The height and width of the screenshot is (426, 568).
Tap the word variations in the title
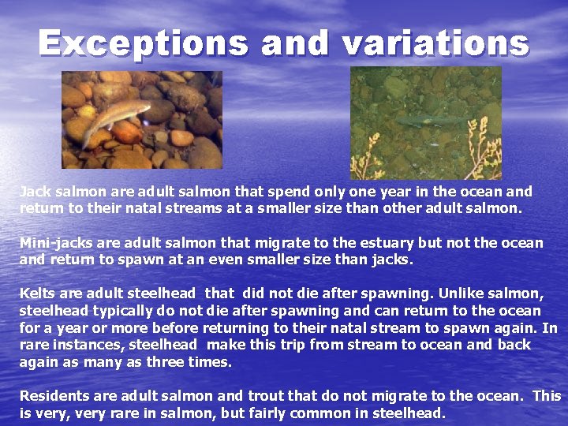[435, 43]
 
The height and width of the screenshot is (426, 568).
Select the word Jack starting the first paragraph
[34, 192]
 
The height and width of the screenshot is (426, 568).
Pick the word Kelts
[36, 294]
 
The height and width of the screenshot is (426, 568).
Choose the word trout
[269, 396]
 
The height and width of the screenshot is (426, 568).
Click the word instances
[87, 345]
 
